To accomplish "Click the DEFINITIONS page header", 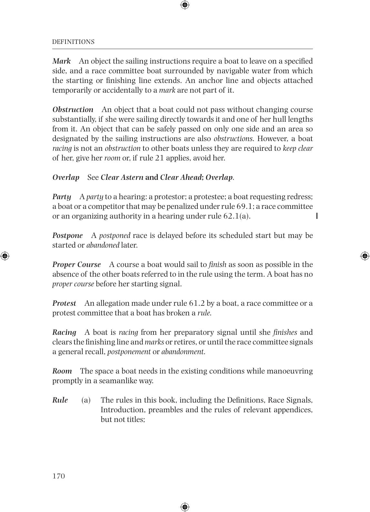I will pyautogui.click(x=73, y=42).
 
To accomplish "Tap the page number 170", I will pyautogui.click(x=59, y=476).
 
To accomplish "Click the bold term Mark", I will pyautogui.click(x=62, y=61).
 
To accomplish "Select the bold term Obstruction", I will pyautogui.click(x=73, y=109).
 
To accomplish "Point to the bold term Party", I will pyautogui.click(x=62, y=197).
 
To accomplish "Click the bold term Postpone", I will pyautogui.click(x=67, y=235).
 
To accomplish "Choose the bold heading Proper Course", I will pyautogui.click(x=76, y=264).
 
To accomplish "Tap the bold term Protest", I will pyautogui.click(x=64, y=303).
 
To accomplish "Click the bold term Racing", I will pyautogui.click(x=64, y=332).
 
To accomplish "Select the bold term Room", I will pyautogui.click(x=62, y=371).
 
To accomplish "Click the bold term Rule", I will pyautogui.click(x=60, y=400).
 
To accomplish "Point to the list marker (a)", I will pyautogui.click(x=86, y=400).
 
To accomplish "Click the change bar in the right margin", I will pyautogui.click(x=317, y=216).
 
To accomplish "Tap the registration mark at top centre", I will pyautogui.click(x=185, y=5).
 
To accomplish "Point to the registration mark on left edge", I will pyautogui.click(x=5, y=256).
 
